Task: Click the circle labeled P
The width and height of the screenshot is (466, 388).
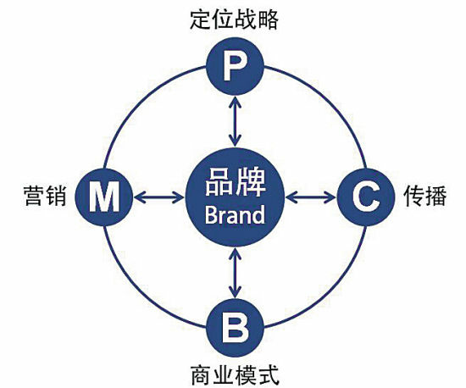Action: [x=235, y=66]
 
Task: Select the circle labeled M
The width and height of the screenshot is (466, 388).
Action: [x=103, y=197]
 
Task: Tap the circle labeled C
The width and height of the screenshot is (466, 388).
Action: [x=366, y=197]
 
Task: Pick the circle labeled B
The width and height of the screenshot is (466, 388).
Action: [x=235, y=328]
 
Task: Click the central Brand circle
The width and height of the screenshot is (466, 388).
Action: [x=235, y=197]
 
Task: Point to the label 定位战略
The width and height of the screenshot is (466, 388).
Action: [x=234, y=19]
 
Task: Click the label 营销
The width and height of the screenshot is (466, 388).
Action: [x=45, y=196]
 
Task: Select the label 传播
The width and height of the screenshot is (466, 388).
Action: [x=425, y=196]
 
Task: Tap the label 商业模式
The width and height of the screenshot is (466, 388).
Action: [x=235, y=375]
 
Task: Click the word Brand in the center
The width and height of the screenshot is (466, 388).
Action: [x=235, y=215]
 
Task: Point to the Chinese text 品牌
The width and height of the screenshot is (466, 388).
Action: [x=236, y=183]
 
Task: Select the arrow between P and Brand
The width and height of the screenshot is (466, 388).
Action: [x=235, y=121]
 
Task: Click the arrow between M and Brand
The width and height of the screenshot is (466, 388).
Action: [x=159, y=197]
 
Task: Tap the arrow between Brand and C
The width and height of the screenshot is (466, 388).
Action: [x=311, y=197]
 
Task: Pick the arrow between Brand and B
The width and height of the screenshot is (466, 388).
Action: [x=235, y=273]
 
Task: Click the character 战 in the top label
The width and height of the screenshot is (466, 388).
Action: [x=246, y=19]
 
